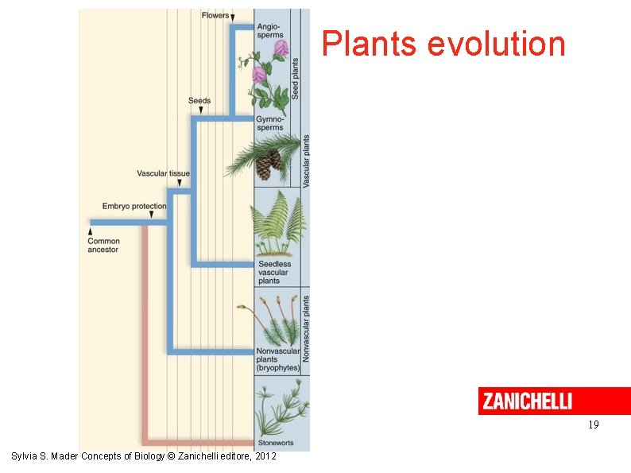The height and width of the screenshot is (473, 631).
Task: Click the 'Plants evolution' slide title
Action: tap(443, 45)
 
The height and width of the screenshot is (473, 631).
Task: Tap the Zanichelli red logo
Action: tap(525, 401)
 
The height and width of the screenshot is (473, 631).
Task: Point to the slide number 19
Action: tap(593, 425)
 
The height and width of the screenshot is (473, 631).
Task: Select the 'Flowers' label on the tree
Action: tap(215, 15)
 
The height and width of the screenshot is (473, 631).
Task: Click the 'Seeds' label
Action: tap(199, 101)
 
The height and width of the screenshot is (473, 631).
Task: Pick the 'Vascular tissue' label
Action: tap(163, 173)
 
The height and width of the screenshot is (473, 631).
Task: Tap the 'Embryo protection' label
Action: tap(134, 207)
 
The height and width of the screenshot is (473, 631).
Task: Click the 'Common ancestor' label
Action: tap(103, 246)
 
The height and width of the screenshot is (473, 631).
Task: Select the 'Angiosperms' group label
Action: tap(269, 31)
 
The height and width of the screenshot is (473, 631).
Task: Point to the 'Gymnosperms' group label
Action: tap(269, 123)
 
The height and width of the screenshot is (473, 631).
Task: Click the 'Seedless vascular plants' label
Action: tap(274, 272)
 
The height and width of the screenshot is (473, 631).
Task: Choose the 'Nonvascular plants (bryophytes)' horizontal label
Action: tap(277, 359)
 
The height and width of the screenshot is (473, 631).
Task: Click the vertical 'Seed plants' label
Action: tap(296, 78)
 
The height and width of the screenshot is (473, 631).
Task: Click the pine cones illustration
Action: tap(269, 164)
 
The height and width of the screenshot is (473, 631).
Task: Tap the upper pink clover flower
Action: tap(281, 49)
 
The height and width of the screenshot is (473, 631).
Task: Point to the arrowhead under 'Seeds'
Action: tap(200, 110)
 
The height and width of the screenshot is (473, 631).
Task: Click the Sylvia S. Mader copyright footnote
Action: tap(144, 456)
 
